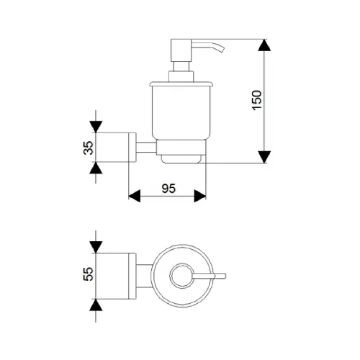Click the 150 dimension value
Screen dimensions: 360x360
(x=257, y=100)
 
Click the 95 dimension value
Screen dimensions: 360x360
(x=168, y=189)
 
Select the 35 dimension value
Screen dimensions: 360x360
(x=88, y=148)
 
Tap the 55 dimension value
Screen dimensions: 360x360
(x=88, y=274)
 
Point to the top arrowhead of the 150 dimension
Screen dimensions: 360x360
(x=264, y=45)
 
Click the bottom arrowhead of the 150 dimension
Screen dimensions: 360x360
(x=264, y=157)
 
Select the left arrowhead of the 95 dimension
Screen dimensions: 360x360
(x=135, y=196)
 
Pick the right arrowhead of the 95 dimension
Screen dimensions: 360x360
(x=200, y=196)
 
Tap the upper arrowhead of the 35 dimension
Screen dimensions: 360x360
(x=96, y=127)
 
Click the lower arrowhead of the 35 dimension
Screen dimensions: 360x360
(x=96, y=168)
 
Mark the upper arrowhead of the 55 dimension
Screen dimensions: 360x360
(x=96, y=247)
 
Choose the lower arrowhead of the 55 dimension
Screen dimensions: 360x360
(x=96, y=305)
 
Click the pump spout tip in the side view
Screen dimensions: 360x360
(x=222, y=50)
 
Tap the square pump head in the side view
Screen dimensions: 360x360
(x=181, y=50)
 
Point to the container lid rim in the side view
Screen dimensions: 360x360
(x=181, y=84)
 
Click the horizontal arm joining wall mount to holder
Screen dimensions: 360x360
(x=146, y=148)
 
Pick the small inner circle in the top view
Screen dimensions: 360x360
(x=182, y=276)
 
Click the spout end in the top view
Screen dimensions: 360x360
(x=224, y=276)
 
